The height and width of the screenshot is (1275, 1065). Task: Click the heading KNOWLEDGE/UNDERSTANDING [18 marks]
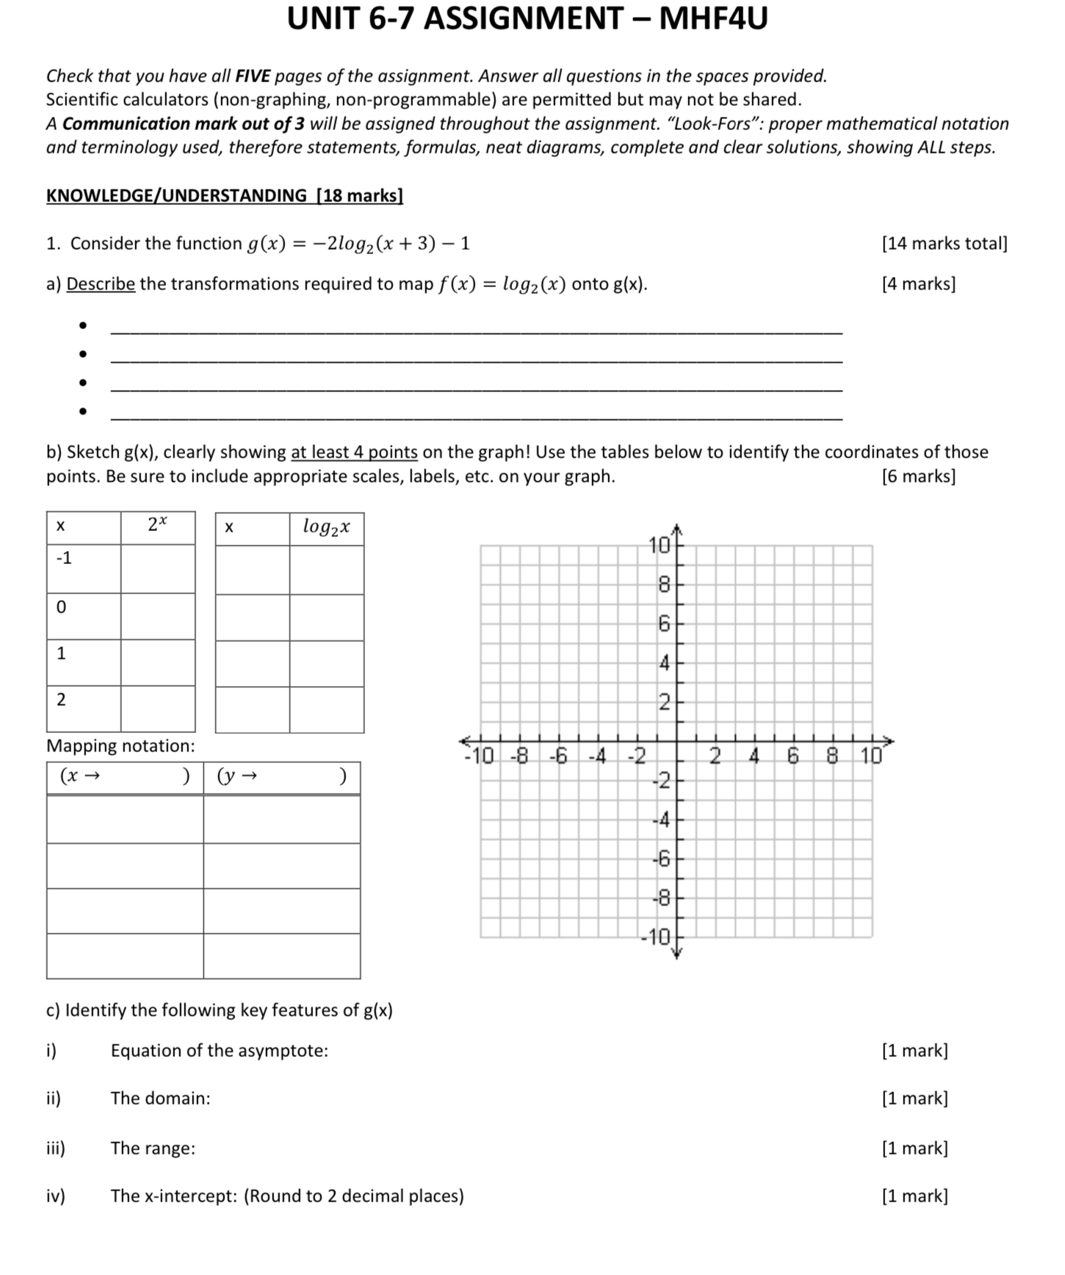pos(224,195)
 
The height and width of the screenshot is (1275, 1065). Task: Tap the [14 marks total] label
pos(944,243)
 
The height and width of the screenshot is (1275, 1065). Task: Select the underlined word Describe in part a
pos(101,284)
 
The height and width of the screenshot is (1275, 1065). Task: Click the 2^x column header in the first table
pos(157,526)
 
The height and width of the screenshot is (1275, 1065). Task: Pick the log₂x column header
pos(326,527)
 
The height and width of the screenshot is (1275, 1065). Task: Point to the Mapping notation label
pos(120,746)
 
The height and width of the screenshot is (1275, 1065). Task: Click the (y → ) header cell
pos(281,777)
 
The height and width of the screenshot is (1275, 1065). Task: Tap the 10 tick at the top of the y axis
pos(660,545)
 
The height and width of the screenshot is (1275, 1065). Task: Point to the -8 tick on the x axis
pos(520,756)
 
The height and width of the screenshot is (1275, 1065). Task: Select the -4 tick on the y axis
pos(662,820)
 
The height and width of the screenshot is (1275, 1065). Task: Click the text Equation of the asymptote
pos(219,1051)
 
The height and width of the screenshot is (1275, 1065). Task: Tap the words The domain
pos(160,1099)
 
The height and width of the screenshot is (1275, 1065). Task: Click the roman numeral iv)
pos(55,1196)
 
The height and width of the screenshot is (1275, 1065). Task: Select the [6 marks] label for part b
pos(918,477)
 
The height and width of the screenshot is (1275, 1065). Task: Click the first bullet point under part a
pos(84,325)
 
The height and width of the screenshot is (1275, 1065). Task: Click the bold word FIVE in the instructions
pos(252,76)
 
